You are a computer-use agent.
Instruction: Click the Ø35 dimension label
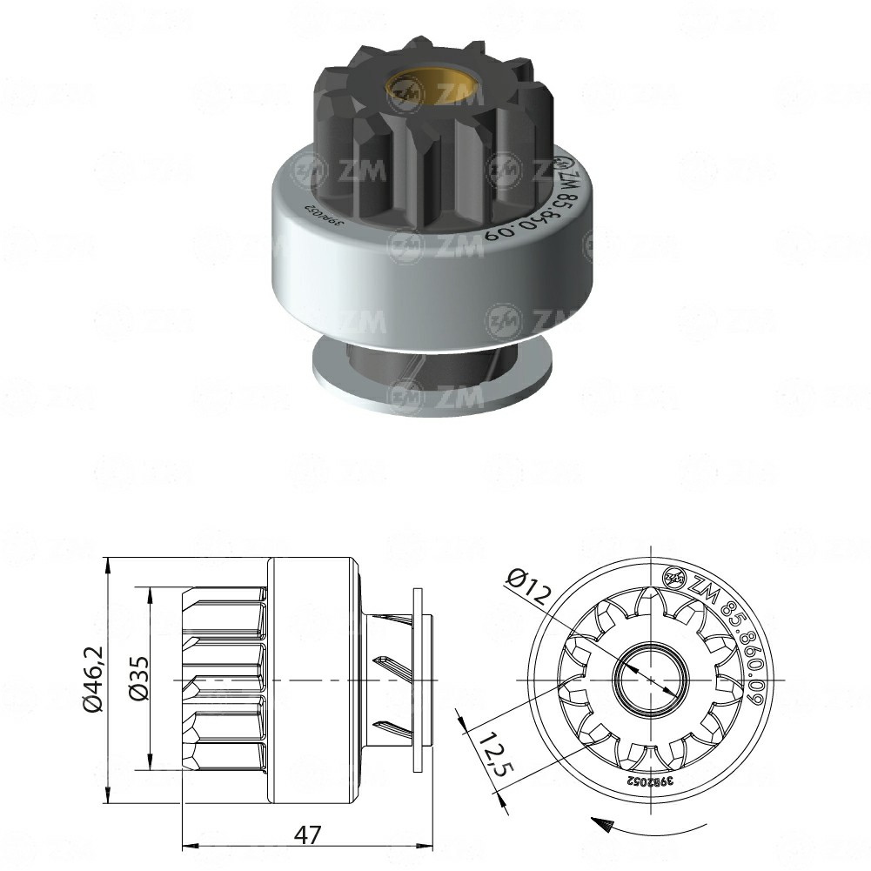139,679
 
